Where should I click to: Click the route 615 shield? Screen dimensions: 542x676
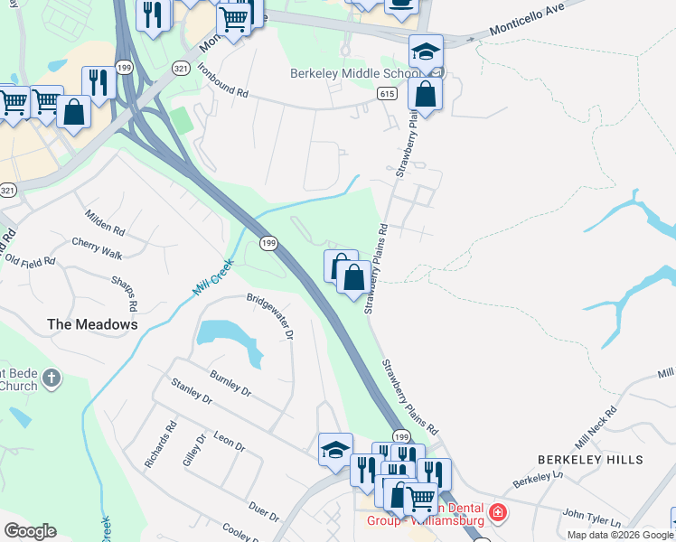click(387, 93)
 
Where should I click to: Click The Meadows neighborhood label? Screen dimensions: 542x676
click(92, 323)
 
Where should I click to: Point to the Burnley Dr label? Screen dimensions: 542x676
click(230, 383)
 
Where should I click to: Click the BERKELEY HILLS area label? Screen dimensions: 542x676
click(591, 460)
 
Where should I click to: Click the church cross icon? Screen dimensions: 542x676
click(52, 378)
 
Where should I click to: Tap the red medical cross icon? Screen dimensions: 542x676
click(496, 514)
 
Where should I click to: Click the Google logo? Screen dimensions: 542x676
click(31, 531)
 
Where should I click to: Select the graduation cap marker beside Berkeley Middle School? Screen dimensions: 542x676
click(425, 51)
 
